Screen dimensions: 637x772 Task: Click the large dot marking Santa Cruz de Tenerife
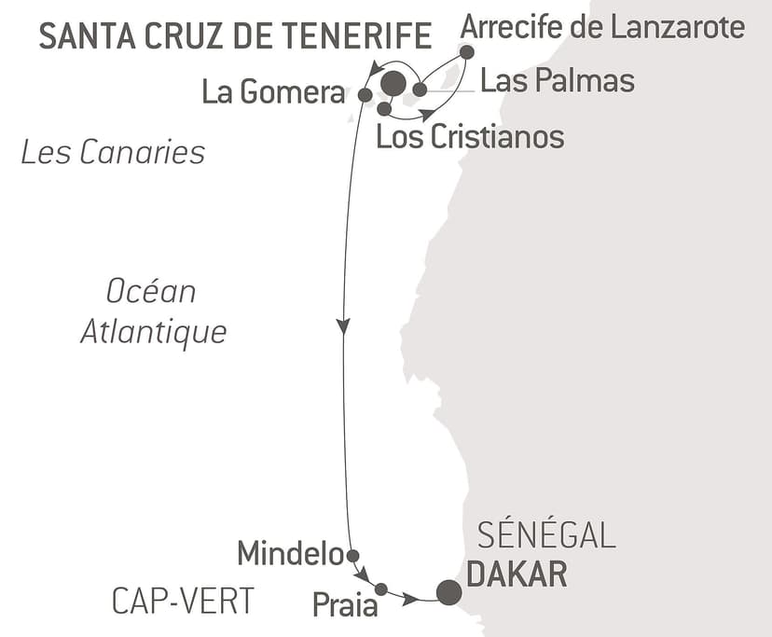coord(393,84)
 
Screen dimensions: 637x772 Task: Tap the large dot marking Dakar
coord(448,592)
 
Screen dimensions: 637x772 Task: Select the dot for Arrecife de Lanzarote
coord(467,52)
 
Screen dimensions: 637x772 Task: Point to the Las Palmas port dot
coord(420,90)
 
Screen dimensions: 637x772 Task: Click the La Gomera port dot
coord(365,94)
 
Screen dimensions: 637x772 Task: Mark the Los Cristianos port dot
coord(383,108)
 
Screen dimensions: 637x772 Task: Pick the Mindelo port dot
coord(352,556)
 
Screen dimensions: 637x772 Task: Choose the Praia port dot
coord(381,589)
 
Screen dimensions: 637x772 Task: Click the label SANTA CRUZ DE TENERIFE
coord(235,36)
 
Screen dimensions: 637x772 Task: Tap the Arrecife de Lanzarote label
coord(602,28)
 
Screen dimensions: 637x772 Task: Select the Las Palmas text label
coord(557,81)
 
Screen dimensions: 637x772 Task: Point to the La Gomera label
coord(273,93)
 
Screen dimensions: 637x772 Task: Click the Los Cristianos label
coord(470,137)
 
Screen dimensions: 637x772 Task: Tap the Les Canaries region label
coord(113,151)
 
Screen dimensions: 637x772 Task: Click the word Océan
coord(151,292)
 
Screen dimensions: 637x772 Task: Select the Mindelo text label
coord(291,554)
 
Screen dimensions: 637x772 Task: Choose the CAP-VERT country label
coord(183,602)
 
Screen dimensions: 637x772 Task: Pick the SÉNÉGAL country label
coord(546,536)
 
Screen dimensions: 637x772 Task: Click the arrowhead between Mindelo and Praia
coord(363,574)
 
